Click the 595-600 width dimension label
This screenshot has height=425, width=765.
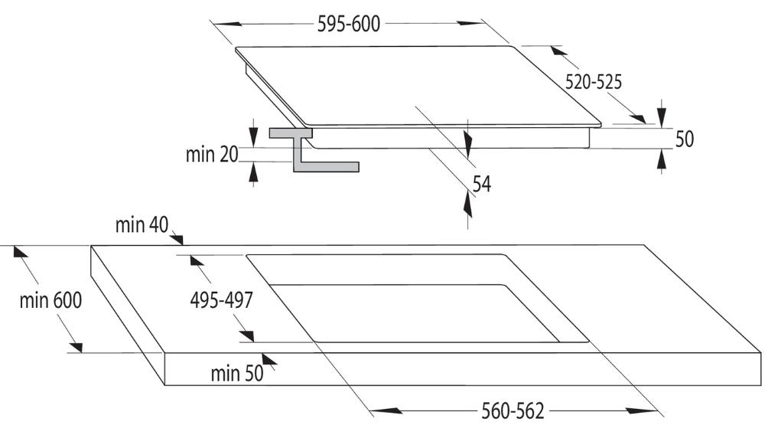pos(348,24)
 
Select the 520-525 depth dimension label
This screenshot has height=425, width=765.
pos(594,82)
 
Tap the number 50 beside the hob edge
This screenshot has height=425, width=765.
pos(684,139)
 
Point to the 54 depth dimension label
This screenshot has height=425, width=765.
pos(481,184)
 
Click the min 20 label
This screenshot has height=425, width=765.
pos(212,155)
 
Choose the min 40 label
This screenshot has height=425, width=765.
pos(142,225)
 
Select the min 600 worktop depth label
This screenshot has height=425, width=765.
pos(50,300)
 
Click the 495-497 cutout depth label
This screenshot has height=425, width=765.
pos(222,300)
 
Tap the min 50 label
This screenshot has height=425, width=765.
pos(236,374)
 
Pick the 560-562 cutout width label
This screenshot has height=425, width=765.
pos(513,410)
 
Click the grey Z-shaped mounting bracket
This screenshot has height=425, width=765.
pos(314,149)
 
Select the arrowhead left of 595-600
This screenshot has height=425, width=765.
pos(226,24)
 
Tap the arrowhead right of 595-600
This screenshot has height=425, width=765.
pos(470,23)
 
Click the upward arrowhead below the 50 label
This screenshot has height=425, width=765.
pos(662,160)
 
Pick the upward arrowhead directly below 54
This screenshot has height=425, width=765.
pos(468,204)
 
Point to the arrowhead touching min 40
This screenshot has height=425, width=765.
pos(176,239)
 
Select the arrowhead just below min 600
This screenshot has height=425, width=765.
pos(75,348)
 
